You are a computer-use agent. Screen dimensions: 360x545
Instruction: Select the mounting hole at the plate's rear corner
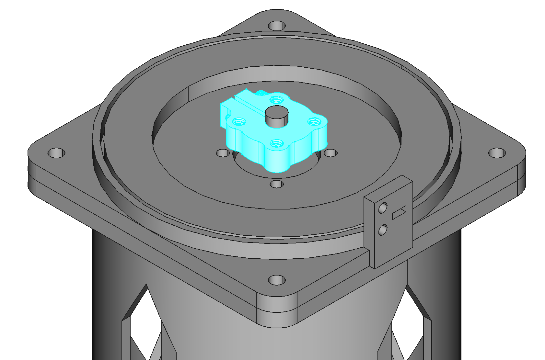(276, 26)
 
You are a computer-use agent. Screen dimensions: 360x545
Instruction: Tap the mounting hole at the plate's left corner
(56, 153)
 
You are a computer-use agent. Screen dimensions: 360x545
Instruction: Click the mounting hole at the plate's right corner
(497, 153)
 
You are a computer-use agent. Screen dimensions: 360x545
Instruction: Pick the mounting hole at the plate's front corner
(276, 280)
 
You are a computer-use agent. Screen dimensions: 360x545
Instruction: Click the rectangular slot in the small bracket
(399, 212)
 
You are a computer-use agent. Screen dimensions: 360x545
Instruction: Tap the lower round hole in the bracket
(383, 230)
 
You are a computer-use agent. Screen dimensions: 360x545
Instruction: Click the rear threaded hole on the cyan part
(276, 99)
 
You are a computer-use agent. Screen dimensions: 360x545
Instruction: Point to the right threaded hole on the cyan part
(314, 122)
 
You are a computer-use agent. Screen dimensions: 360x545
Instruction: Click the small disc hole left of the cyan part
(223, 153)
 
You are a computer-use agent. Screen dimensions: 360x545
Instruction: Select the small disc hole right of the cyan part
(330, 153)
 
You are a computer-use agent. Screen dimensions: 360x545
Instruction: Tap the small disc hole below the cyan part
(276, 184)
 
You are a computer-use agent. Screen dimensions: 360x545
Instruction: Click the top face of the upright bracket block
(388, 188)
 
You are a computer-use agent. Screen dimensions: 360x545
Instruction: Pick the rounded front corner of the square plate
(276, 311)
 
